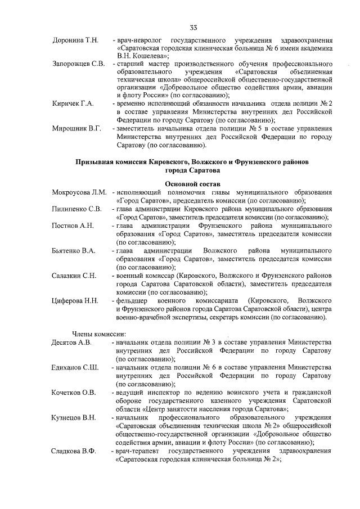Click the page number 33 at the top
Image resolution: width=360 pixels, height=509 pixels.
193,28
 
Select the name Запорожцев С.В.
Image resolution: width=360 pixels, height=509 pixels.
78,64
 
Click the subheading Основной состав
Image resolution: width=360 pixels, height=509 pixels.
193,183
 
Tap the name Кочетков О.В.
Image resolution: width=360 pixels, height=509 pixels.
74,392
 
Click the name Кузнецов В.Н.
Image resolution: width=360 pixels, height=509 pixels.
74,417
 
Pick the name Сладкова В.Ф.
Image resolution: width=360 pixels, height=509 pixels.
74,451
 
